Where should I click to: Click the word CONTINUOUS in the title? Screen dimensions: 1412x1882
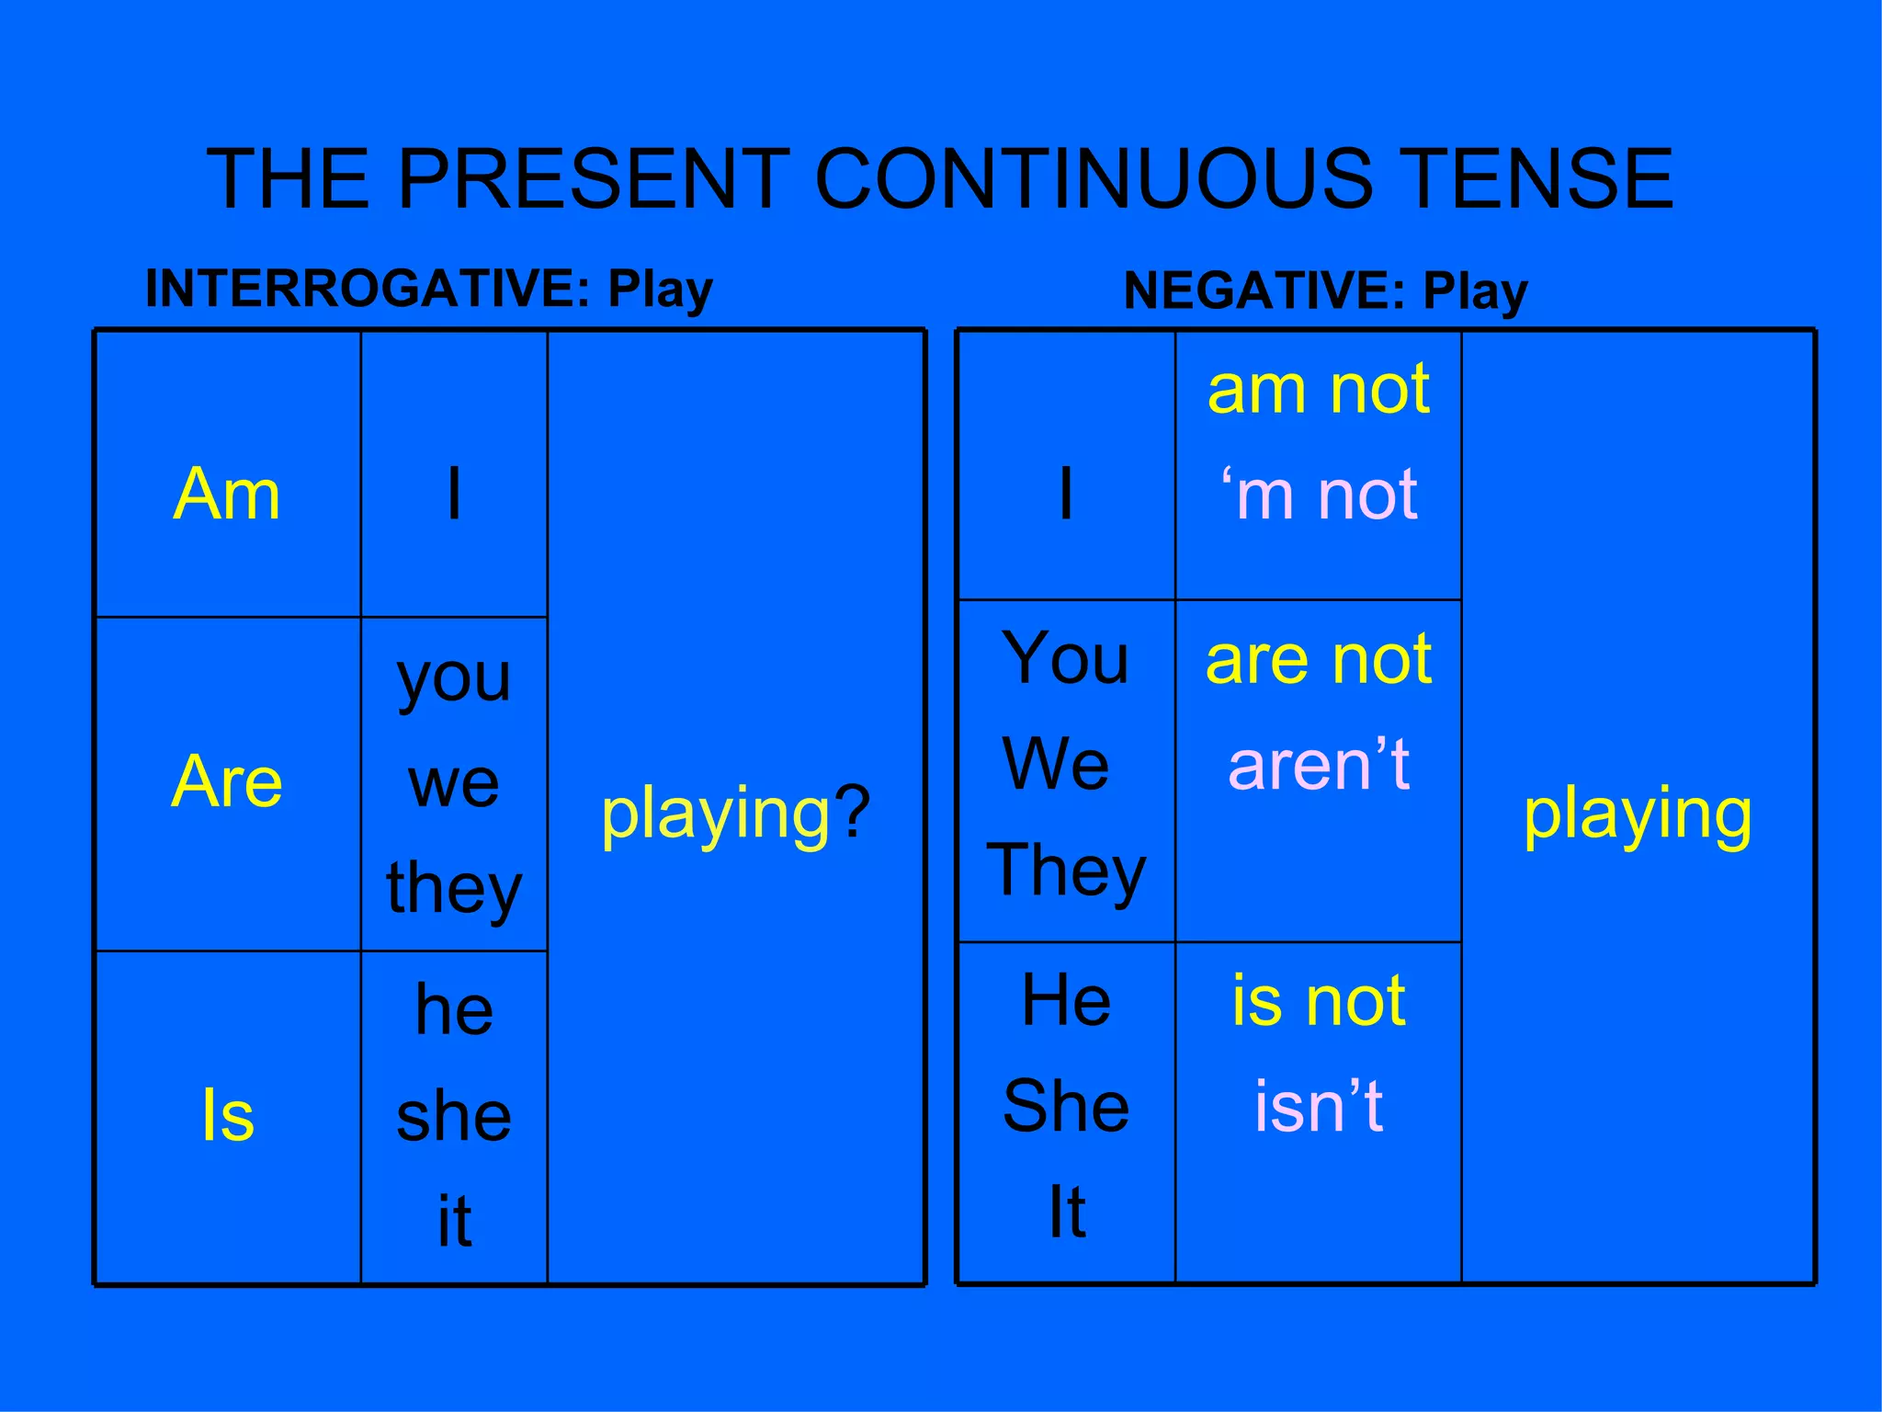pyautogui.click(x=1094, y=178)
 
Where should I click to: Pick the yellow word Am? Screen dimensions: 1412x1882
pyautogui.click(x=226, y=495)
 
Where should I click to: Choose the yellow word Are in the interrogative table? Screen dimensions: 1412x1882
pyautogui.click(x=226, y=781)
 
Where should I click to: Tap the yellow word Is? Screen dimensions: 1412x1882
pyautogui.click(x=227, y=1115)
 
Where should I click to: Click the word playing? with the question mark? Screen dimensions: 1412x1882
pyautogui.click(x=735, y=814)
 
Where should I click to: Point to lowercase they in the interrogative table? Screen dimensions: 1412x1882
pyautogui.click(x=454, y=889)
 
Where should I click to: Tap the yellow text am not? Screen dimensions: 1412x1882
pyautogui.click(x=1319, y=390)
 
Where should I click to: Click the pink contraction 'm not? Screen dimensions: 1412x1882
pyautogui.click(x=1319, y=495)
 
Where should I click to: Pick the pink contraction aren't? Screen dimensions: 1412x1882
pyautogui.click(x=1319, y=765)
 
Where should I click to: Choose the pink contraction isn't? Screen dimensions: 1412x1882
pyautogui.click(x=1319, y=1106)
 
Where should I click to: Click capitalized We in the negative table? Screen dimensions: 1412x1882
pyautogui.click(x=1056, y=765)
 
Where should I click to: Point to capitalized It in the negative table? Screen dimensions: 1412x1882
pyautogui.click(x=1067, y=1212)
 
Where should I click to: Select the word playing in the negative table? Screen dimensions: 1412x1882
pyautogui.click(x=1638, y=814)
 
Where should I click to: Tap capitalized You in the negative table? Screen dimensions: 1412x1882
pyautogui.click(x=1065, y=659)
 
